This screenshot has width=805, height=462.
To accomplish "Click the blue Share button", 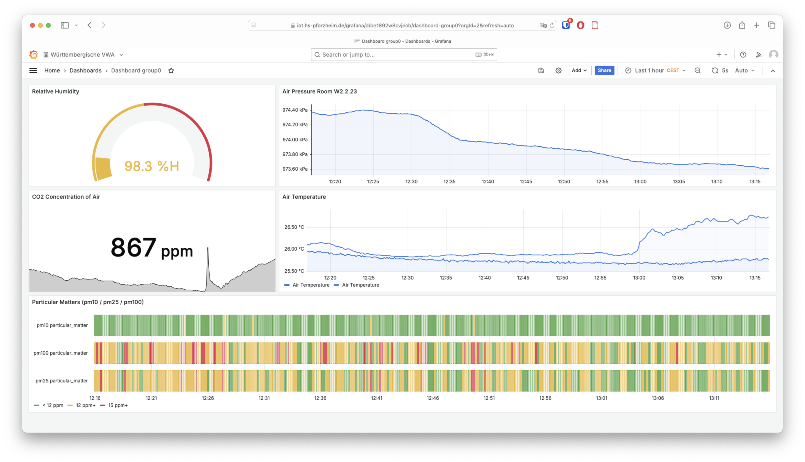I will click(x=604, y=70).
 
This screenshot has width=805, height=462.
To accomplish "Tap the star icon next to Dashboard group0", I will click(x=171, y=70).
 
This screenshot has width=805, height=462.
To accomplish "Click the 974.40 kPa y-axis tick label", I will click(x=295, y=110).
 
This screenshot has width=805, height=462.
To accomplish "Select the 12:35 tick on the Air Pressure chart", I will click(x=449, y=182).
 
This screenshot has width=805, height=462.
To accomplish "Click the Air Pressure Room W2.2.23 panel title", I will click(x=319, y=91).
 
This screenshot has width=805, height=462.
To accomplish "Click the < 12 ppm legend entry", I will click(x=52, y=405).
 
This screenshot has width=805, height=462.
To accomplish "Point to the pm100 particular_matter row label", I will click(x=61, y=353).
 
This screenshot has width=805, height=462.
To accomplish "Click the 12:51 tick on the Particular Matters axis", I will click(x=489, y=398).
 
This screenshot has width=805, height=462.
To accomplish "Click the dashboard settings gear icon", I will click(x=558, y=70).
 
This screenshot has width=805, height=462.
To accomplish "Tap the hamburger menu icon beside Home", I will click(x=33, y=70).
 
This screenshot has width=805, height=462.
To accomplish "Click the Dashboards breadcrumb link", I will click(x=85, y=70).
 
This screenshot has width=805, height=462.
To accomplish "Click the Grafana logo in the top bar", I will click(x=33, y=55).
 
